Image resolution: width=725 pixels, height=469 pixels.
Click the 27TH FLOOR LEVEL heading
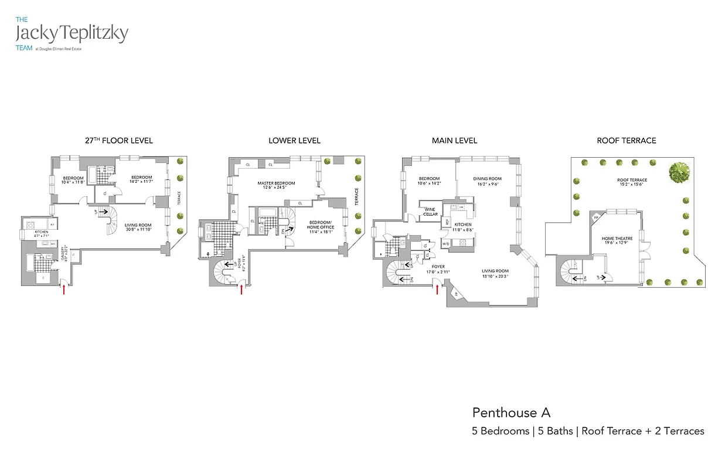click(x=119, y=141)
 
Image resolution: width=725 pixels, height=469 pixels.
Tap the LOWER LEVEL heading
click(x=294, y=141)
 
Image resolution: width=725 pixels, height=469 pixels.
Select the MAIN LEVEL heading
click(x=454, y=141)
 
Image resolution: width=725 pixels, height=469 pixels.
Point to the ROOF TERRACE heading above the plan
click(x=626, y=141)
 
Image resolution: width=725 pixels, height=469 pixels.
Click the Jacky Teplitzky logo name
click(x=72, y=33)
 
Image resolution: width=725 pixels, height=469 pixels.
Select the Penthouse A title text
click(x=511, y=413)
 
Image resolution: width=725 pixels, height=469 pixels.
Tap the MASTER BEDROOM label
click(x=276, y=183)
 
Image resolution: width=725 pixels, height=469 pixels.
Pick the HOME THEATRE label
click(x=617, y=239)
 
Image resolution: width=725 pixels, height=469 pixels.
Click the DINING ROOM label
click(x=487, y=179)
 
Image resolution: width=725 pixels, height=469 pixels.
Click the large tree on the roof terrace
click(x=679, y=172)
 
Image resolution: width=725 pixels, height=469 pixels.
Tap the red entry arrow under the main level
click(x=437, y=288)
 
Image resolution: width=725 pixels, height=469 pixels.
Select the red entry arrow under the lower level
click(x=241, y=289)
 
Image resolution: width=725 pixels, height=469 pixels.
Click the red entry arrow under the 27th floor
click(x=64, y=289)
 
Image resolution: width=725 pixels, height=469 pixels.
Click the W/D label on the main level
click(x=445, y=243)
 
